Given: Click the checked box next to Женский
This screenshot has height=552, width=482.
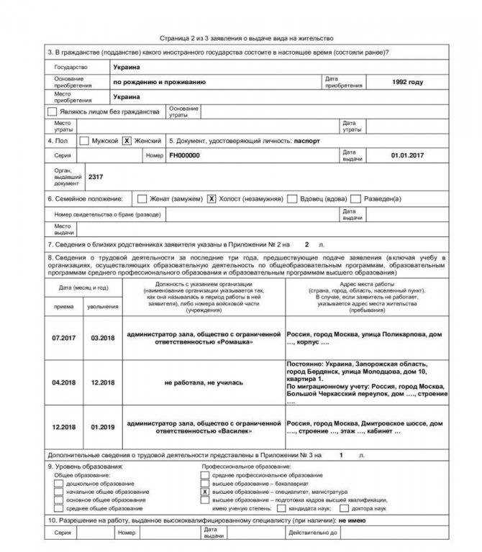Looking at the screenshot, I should coord(127,141).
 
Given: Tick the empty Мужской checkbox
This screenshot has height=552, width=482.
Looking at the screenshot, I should coord(84,141).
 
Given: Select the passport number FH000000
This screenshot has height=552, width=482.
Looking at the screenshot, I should coord(185,155).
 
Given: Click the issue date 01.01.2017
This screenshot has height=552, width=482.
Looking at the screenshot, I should coord(408,155).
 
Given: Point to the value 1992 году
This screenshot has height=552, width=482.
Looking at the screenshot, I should coord(408,82).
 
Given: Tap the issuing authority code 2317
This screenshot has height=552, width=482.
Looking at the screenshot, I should coord(96,176).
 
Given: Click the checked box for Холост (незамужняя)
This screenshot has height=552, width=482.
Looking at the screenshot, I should coord(212,198).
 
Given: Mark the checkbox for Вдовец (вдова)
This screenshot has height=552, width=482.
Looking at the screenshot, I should coord(292,198).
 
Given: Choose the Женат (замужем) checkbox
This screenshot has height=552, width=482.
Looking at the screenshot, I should coord(142,198).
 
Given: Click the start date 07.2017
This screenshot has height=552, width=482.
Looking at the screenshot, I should coord(63,337).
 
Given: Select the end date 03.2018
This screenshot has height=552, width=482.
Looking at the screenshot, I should coord(103,337).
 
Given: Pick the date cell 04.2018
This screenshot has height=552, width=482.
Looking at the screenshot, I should coord(63,382).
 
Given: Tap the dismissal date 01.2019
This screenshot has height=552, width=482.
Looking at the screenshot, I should coord(103,427).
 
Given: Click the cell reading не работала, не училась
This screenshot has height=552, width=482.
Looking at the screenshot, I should coord(204,382).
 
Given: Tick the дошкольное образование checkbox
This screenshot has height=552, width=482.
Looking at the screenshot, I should coord(58,484).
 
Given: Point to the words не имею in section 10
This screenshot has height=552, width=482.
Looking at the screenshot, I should coord(353,519).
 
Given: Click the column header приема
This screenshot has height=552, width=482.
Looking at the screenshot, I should coord(63,306).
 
